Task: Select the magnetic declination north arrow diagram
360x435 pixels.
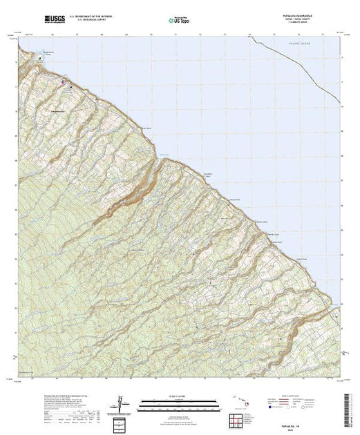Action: pos(122,402)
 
